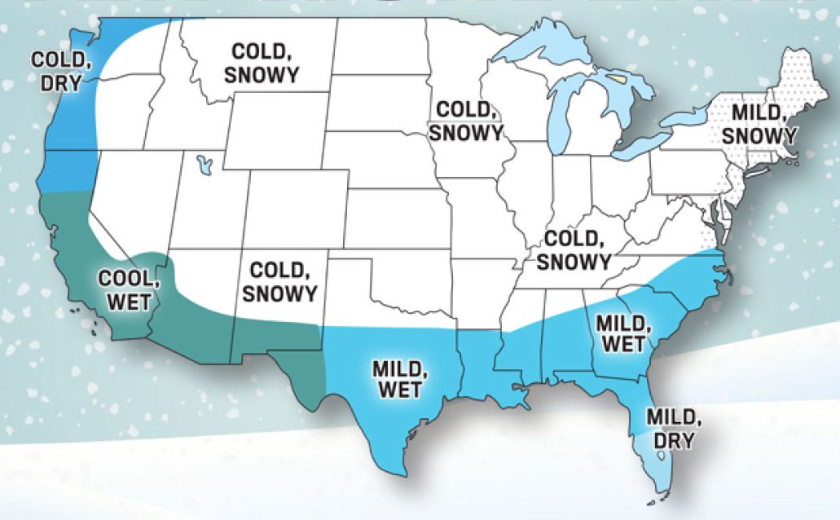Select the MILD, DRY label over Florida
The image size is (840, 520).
[x=673, y=430]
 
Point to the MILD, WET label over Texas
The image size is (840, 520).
[x=401, y=379]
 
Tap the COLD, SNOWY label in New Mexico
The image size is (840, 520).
[x=279, y=282]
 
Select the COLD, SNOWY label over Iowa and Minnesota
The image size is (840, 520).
[x=467, y=121]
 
